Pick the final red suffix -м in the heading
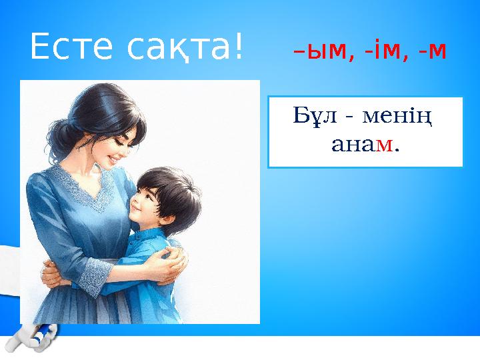pyautogui.click(x=429, y=51)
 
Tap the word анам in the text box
pyautogui.click(x=363, y=145)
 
